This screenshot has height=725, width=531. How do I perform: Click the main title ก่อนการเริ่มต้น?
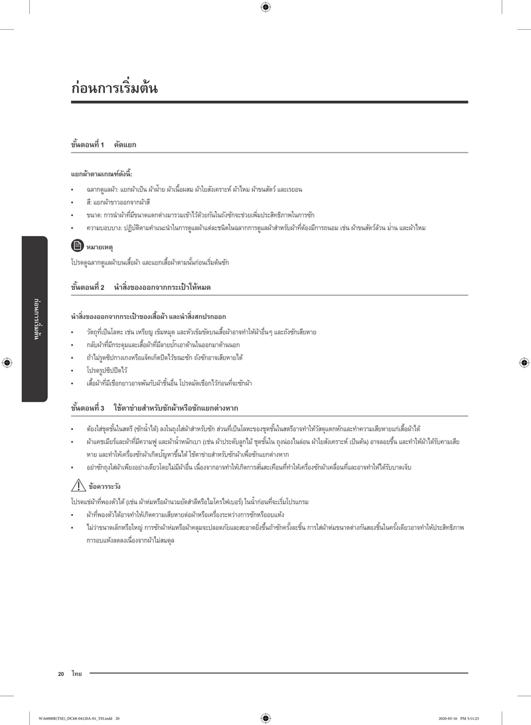[114, 88]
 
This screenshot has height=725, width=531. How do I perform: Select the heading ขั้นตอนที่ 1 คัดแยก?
[104, 144]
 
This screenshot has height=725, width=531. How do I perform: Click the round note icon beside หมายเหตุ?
[76, 246]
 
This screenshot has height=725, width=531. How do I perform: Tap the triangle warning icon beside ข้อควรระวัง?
[77, 486]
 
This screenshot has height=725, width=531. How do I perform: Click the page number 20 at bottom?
[61, 674]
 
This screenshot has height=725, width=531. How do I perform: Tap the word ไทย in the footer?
[76, 674]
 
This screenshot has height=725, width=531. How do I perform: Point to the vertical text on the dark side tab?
[35, 318]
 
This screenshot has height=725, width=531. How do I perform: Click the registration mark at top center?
[265, 7]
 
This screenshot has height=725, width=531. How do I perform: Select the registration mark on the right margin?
[524, 363]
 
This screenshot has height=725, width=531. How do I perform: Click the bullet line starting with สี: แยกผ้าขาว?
[117, 202]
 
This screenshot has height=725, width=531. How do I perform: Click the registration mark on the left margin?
[7, 363]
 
